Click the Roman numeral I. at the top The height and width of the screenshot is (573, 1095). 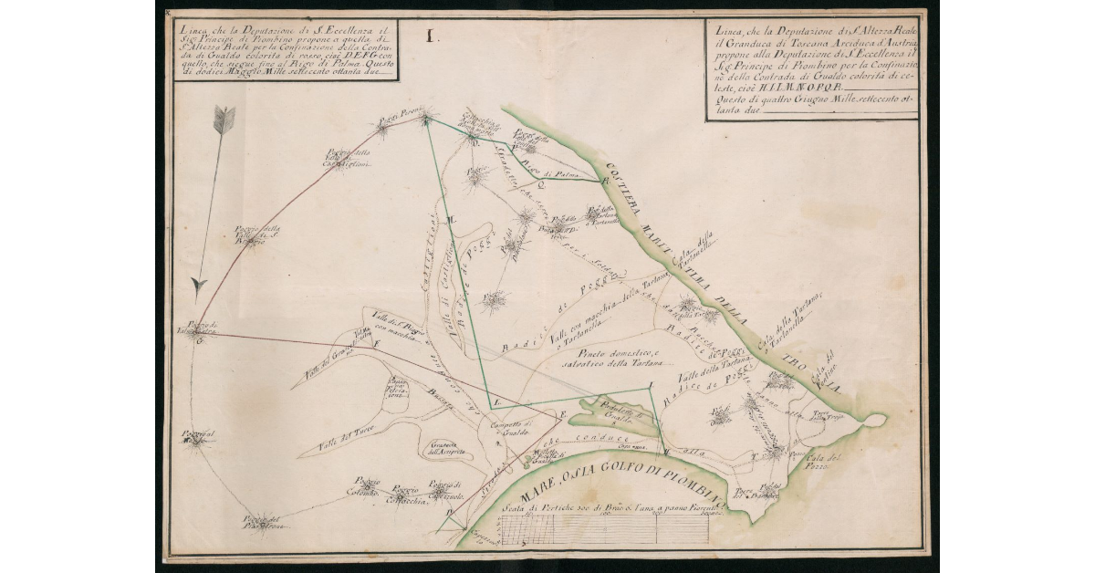[x=432, y=37]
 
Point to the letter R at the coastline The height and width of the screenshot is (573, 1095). [x=604, y=182]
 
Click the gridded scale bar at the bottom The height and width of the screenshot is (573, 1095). [x=602, y=530]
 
